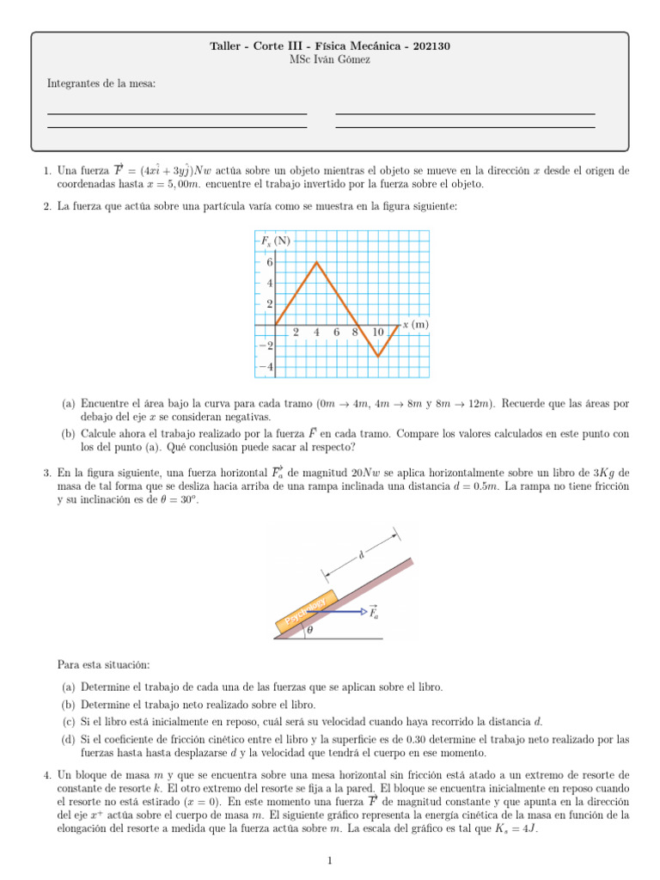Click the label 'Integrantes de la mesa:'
101,83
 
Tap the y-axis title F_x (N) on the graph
276,241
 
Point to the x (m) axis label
415,324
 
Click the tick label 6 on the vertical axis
269,263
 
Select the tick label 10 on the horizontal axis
377,333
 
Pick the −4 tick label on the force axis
266,367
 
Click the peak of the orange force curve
316,262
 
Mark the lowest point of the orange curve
378,356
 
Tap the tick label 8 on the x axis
354,333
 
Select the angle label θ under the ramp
310,630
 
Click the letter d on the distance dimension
361,554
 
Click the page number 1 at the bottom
330,859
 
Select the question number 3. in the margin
47,473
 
